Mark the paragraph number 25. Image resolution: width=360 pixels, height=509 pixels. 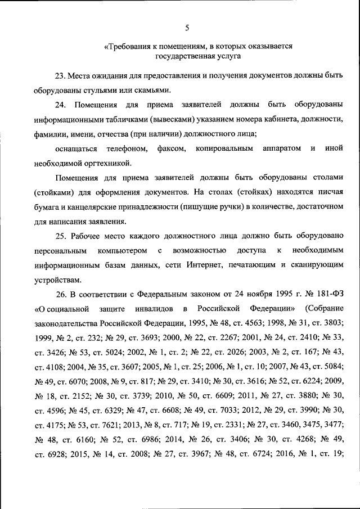[61, 236]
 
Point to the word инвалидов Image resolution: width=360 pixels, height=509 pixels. [152, 309]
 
